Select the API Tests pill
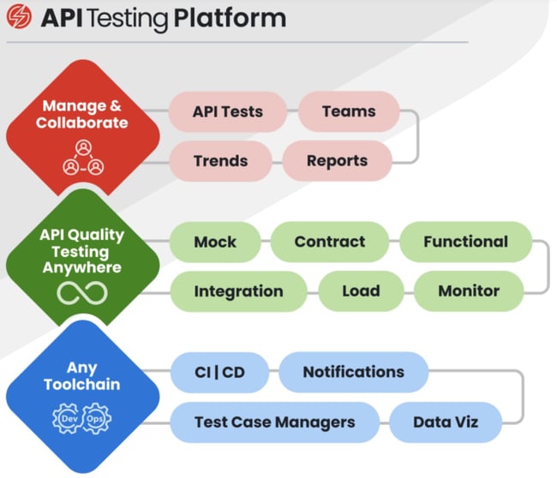coord(227,111)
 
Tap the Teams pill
coord(349,111)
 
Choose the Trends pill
coord(220,160)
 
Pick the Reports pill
coord(337,160)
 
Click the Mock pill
coord(215,242)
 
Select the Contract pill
coord(330,242)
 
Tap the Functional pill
coord(465,242)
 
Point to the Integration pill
coord(238,291)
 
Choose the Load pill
coord(361,291)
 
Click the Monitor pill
coord(469,291)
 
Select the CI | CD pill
coord(219,373)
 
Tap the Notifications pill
coord(353,372)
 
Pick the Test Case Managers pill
coord(274,421)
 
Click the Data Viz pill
coord(446,421)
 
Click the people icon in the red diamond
coord(82,158)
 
